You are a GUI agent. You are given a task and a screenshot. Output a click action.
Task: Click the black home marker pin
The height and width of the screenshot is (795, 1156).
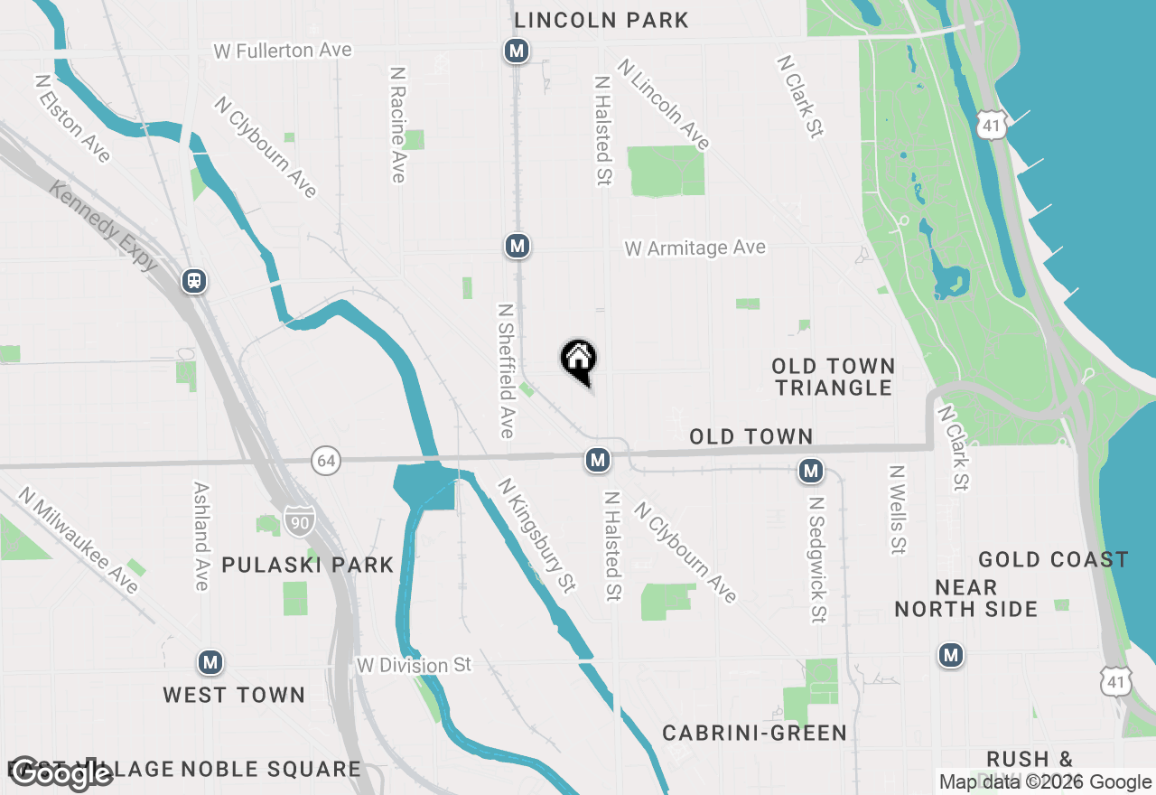pyautogui.click(x=579, y=360)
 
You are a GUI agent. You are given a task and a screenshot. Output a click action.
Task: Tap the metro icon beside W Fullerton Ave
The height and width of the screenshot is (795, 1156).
pyautogui.click(x=517, y=51)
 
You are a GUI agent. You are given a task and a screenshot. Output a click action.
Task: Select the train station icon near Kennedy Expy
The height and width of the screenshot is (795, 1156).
pyautogui.click(x=194, y=281)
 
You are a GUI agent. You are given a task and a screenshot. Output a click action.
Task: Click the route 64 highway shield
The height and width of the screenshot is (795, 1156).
pyautogui.click(x=326, y=461)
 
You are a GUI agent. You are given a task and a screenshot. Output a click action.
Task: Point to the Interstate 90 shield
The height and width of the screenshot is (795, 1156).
pyautogui.click(x=299, y=519)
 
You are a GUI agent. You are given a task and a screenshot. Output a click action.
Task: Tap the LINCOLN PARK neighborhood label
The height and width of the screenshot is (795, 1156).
pyautogui.click(x=601, y=20)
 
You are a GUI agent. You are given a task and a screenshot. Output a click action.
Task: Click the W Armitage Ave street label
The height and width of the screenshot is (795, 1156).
pyautogui.click(x=695, y=248)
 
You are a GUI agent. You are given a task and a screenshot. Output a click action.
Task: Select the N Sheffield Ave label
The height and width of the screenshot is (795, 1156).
pyautogui.click(x=507, y=370)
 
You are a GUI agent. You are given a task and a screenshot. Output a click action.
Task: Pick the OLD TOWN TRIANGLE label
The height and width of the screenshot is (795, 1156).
pyautogui.click(x=833, y=377)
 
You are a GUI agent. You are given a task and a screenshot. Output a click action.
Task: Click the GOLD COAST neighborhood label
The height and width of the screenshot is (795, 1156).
pyautogui.click(x=1053, y=560)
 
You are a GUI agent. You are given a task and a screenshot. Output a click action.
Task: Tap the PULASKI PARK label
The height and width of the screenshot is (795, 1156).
pyautogui.click(x=308, y=566)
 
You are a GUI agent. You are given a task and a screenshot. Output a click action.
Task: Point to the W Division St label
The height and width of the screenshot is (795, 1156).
pyautogui.click(x=414, y=666)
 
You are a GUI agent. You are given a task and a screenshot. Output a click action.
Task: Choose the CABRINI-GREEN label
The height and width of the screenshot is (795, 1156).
pyautogui.click(x=755, y=733)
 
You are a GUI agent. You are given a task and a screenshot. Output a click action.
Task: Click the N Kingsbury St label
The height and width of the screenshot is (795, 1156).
pyautogui.click(x=536, y=535)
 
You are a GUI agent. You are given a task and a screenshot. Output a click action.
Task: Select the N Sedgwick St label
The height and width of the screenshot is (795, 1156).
pyautogui.click(x=817, y=559)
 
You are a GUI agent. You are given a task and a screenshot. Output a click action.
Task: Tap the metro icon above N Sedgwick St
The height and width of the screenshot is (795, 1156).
pyautogui.click(x=811, y=471)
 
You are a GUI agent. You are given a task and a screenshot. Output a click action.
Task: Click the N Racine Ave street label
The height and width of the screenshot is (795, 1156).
pyautogui.click(x=397, y=124)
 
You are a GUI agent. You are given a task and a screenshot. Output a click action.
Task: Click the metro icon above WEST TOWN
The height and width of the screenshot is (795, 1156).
pyautogui.click(x=210, y=663)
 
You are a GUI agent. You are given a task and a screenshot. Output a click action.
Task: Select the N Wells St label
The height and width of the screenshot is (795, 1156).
pyautogui.click(x=897, y=510)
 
